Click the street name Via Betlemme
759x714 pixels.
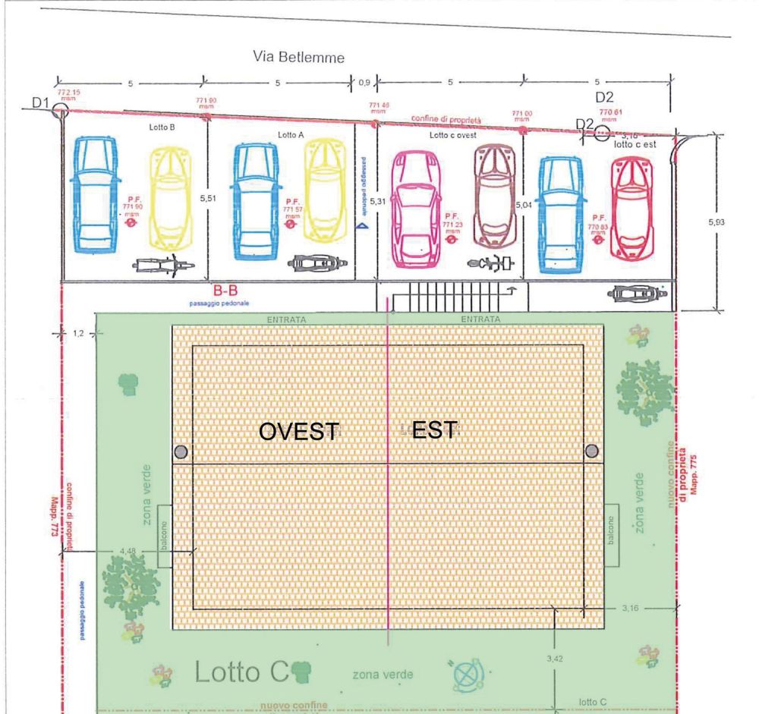click(x=299, y=57)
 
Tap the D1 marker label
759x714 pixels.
click(x=40, y=102)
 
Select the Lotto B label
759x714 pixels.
click(x=162, y=128)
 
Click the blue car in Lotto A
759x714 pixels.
click(x=257, y=198)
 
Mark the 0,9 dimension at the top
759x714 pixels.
click(x=364, y=81)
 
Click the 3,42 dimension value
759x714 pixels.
click(x=555, y=658)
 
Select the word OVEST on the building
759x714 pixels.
click(x=298, y=432)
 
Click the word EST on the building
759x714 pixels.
click(x=434, y=430)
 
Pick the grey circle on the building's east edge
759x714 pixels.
click(x=591, y=452)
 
